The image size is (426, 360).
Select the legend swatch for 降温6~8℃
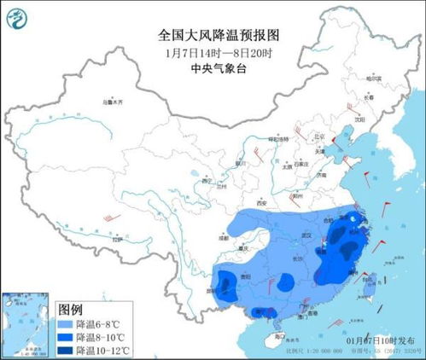pos(65,323)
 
